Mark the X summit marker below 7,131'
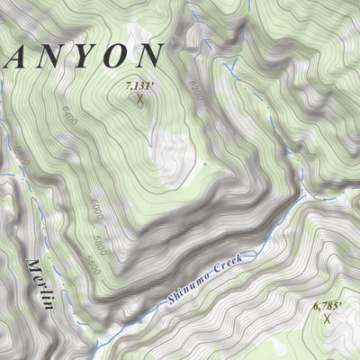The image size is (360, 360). pos(140,99)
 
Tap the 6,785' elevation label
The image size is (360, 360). pos(328,307)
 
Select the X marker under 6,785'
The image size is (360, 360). pos(327,319)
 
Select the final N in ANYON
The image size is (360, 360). pos(147,54)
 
